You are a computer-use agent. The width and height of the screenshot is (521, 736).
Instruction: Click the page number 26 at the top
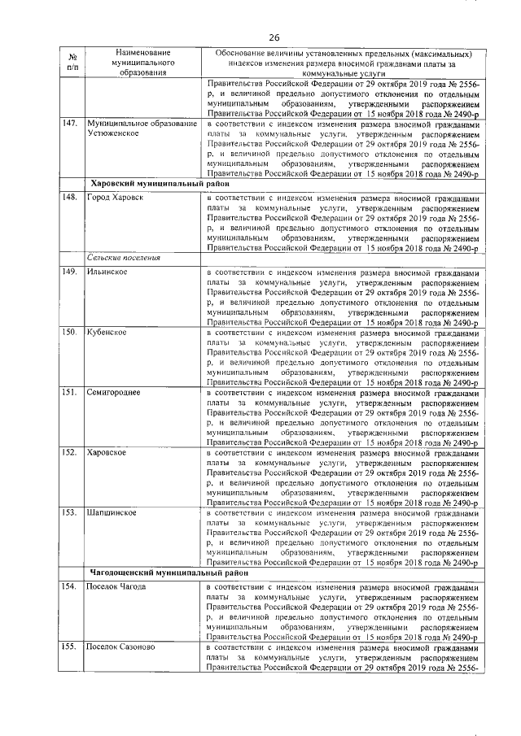274,37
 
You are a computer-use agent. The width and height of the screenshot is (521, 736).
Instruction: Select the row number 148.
70,197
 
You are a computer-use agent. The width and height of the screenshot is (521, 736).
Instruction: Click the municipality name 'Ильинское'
107,270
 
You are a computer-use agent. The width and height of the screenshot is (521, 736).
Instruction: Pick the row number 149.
70,270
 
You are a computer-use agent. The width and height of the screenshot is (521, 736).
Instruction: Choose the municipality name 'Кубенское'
107,332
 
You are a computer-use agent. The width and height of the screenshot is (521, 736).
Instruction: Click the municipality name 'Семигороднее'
114,393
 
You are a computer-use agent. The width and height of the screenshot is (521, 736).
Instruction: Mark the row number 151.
70,393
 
